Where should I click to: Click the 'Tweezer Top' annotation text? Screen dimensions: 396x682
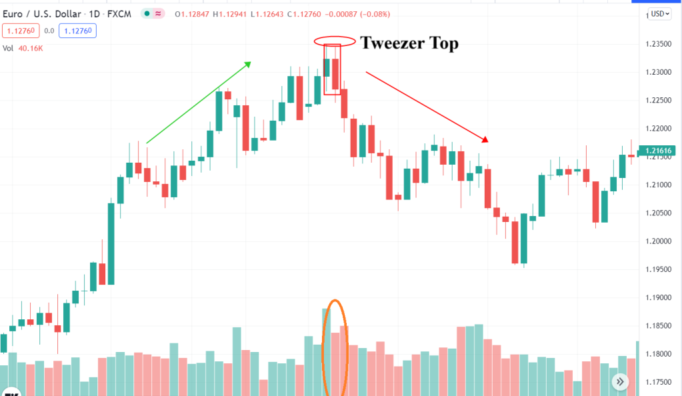[409, 44]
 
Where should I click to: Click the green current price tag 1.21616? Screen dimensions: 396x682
[657, 151]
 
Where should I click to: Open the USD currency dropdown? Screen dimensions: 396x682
[661, 13]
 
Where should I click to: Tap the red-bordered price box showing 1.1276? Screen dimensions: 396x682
[21, 30]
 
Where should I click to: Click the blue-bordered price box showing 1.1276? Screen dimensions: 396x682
[78, 30]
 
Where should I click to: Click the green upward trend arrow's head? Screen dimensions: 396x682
[248, 63]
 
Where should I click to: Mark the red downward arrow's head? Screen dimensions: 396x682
[486, 140]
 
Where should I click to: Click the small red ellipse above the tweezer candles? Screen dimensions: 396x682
[332, 41]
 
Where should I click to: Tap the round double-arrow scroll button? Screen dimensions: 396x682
[620, 381]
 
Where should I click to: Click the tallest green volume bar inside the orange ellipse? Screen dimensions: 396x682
[326, 350]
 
